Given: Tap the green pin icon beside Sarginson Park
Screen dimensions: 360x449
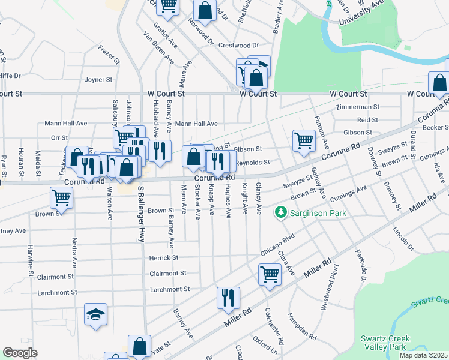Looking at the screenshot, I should point(280,212).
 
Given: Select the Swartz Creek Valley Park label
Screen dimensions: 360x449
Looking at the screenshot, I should point(385,343).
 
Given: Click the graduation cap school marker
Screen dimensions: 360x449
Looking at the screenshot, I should point(95,314).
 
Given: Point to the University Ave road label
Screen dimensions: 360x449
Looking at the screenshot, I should point(361,13).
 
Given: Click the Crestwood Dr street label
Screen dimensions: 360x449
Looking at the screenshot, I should point(238,45).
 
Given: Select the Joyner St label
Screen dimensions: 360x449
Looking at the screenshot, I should point(99,79).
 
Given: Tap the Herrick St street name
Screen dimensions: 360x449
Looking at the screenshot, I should point(163,257).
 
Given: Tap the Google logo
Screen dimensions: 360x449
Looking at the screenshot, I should point(20,353).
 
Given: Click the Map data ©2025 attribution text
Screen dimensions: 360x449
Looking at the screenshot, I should point(423,355).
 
